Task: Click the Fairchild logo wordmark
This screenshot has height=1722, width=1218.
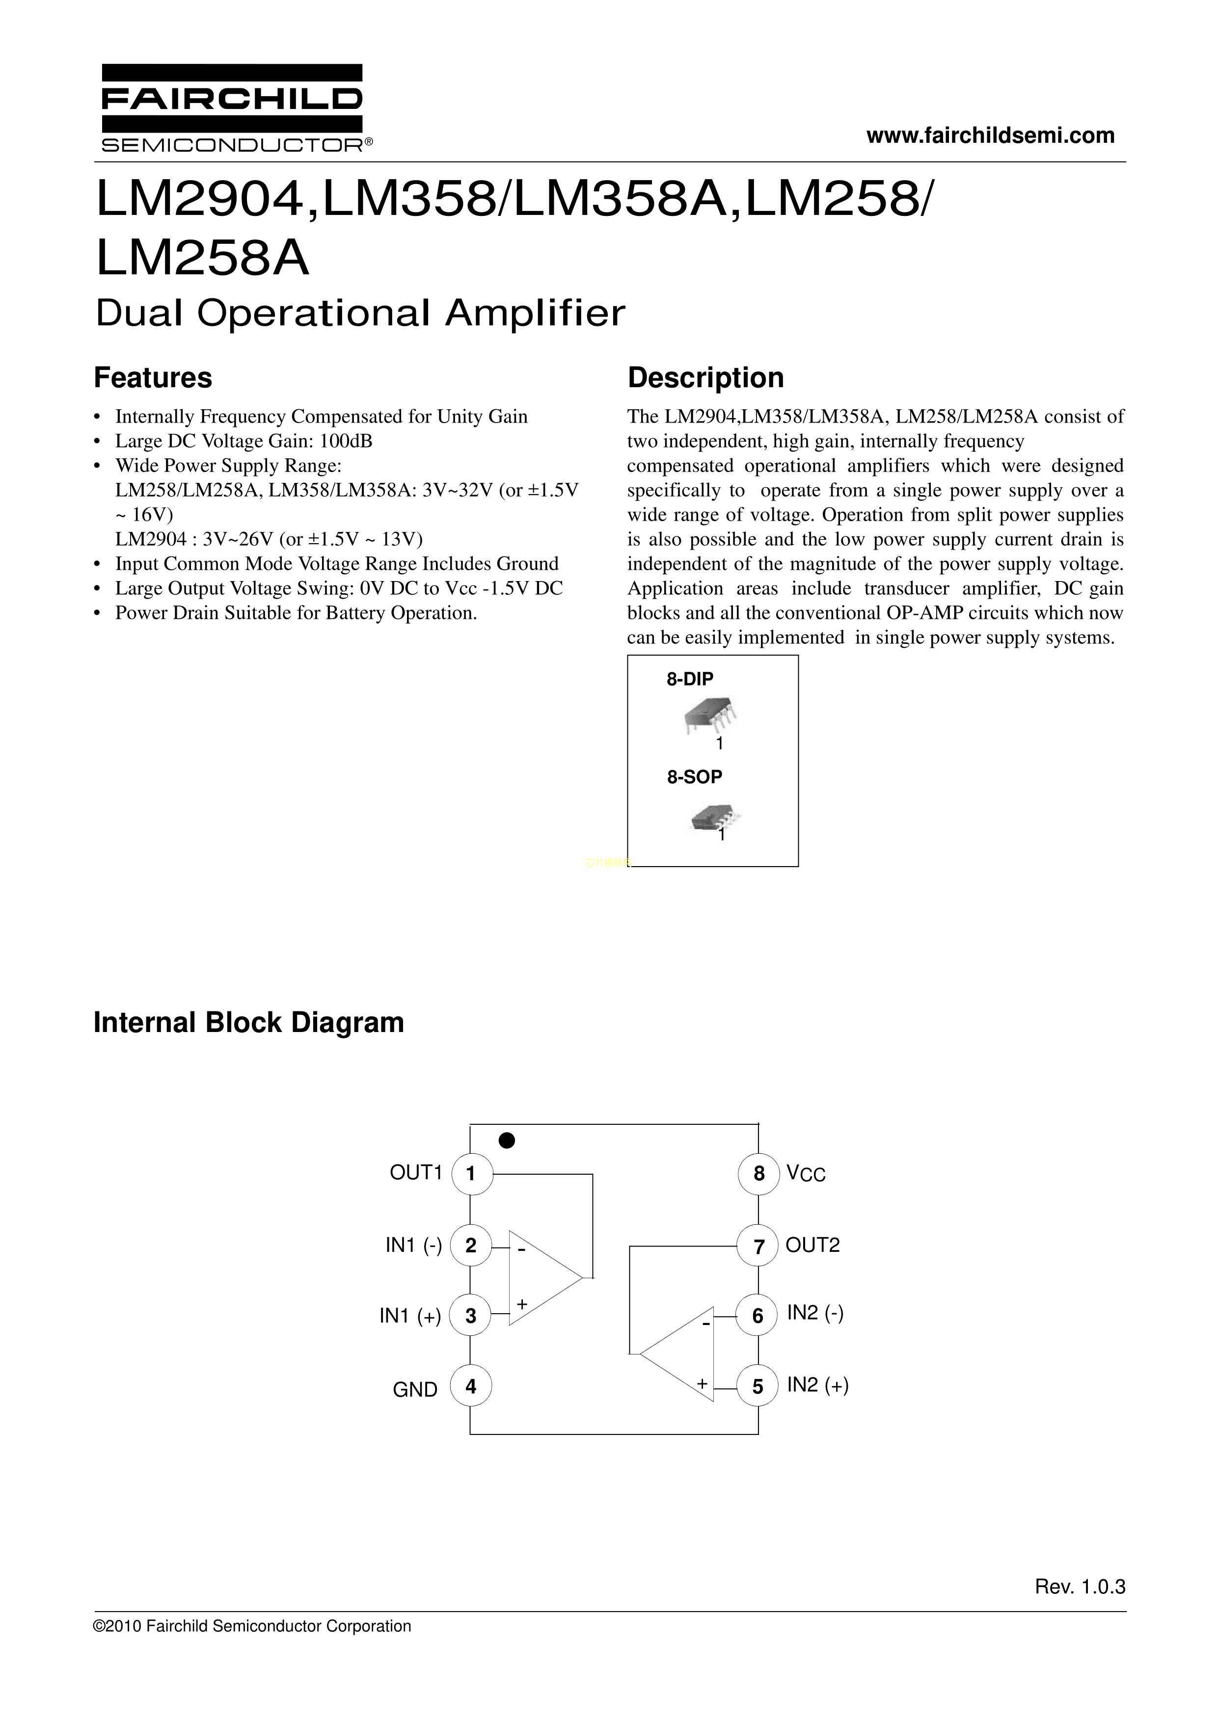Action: point(231,98)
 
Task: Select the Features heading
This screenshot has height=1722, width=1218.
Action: point(153,378)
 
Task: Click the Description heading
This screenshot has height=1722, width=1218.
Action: point(705,378)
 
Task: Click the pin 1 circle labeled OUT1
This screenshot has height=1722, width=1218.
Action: point(471,1174)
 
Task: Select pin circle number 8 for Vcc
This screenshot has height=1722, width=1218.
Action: point(758,1174)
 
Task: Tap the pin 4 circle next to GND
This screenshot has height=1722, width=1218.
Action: point(471,1386)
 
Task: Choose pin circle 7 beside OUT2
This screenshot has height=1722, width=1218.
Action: point(758,1246)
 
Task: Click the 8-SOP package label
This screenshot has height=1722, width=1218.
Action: point(694,777)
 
